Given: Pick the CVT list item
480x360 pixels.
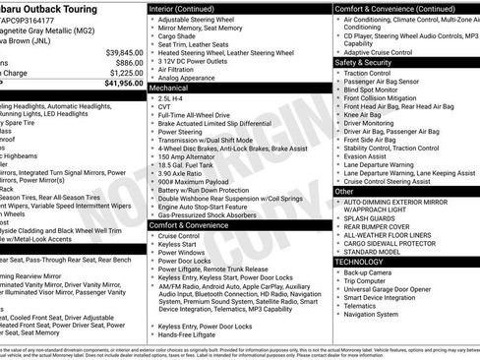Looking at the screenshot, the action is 164,108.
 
